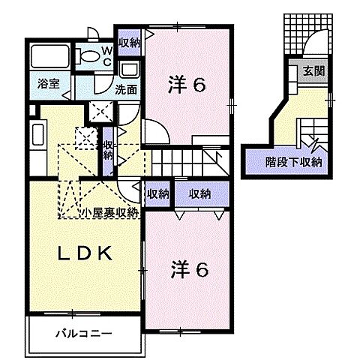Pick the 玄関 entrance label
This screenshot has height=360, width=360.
pyautogui.click(x=313, y=72)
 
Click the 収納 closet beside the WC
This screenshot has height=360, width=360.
pyautogui.click(x=128, y=42)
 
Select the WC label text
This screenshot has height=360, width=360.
pyautogui.click(x=108, y=55)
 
